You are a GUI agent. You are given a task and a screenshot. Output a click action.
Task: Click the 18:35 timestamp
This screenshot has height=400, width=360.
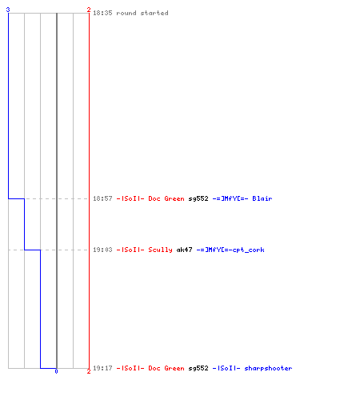click(102, 13)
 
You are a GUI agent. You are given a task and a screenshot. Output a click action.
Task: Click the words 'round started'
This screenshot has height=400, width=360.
click(142, 13)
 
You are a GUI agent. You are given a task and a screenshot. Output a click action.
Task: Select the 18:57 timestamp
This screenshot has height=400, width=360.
click(102, 198)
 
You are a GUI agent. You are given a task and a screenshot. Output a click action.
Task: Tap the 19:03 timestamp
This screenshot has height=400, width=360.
click(102, 250)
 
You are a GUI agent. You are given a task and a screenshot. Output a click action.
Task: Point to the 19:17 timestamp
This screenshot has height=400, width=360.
click(102, 368)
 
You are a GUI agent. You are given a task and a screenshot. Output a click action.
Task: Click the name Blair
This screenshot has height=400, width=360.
click(262, 198)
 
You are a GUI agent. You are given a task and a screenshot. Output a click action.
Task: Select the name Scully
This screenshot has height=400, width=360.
click(160, 250)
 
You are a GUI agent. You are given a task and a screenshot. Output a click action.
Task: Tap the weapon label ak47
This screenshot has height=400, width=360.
click(184, 250)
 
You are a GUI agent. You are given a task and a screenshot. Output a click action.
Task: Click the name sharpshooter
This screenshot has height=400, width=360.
click(268, 368)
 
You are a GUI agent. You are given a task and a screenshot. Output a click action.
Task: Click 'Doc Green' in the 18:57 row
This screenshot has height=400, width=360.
click(166, 198)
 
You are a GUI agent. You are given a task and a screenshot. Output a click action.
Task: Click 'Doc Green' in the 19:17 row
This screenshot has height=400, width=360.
click(166, 368)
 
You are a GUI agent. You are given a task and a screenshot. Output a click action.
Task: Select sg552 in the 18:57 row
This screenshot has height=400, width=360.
click(198, 198)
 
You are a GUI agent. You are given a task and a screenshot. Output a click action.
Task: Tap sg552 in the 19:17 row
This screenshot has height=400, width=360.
click(198, 368)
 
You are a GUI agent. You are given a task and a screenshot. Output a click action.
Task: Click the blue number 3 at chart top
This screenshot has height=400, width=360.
click(8, 10)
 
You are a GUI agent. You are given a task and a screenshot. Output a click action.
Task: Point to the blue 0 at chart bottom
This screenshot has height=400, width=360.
click(56, 371)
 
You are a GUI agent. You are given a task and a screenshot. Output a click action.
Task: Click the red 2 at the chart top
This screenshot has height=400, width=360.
click(89, 10)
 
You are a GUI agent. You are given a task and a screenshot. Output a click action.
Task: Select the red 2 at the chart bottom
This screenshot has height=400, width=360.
click(89, 371)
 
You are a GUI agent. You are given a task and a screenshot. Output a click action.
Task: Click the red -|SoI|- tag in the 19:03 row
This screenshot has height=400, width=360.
click(130, 250)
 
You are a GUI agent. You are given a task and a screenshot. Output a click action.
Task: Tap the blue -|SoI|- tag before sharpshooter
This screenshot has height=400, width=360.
click(226, 368)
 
